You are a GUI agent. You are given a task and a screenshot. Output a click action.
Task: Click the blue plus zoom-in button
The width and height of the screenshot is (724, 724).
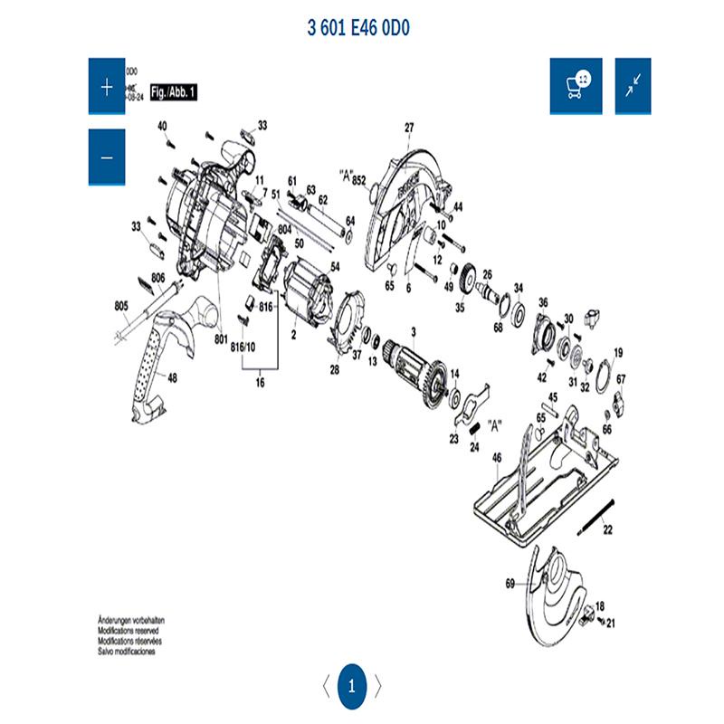[x=107, y=87]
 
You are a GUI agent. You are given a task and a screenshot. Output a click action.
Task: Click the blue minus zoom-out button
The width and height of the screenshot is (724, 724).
[x=107, y=157]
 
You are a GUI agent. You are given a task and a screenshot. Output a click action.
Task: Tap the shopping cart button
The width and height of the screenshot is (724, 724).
[x=576, y=87]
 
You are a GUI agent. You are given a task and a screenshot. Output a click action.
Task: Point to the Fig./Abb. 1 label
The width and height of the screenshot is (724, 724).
[x=173, y=93]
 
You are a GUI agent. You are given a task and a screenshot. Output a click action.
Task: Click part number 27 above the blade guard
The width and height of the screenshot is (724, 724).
[x=408, y=128]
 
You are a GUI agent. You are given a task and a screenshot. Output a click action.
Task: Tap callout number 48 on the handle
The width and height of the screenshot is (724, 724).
[x=173, y=378]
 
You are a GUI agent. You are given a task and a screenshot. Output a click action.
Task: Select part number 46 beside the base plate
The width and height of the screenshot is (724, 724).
[x=496, y=458]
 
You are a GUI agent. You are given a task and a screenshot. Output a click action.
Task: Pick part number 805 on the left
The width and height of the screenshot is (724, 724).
[x=122, y=306]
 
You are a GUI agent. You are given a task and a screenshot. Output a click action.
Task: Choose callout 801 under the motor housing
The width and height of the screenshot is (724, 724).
[x=220, y=338]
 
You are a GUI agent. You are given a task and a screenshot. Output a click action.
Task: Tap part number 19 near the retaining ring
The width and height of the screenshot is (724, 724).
[x=619, y=352]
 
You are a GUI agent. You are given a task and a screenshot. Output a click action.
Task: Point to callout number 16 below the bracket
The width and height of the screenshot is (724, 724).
[x=261, y=384]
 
